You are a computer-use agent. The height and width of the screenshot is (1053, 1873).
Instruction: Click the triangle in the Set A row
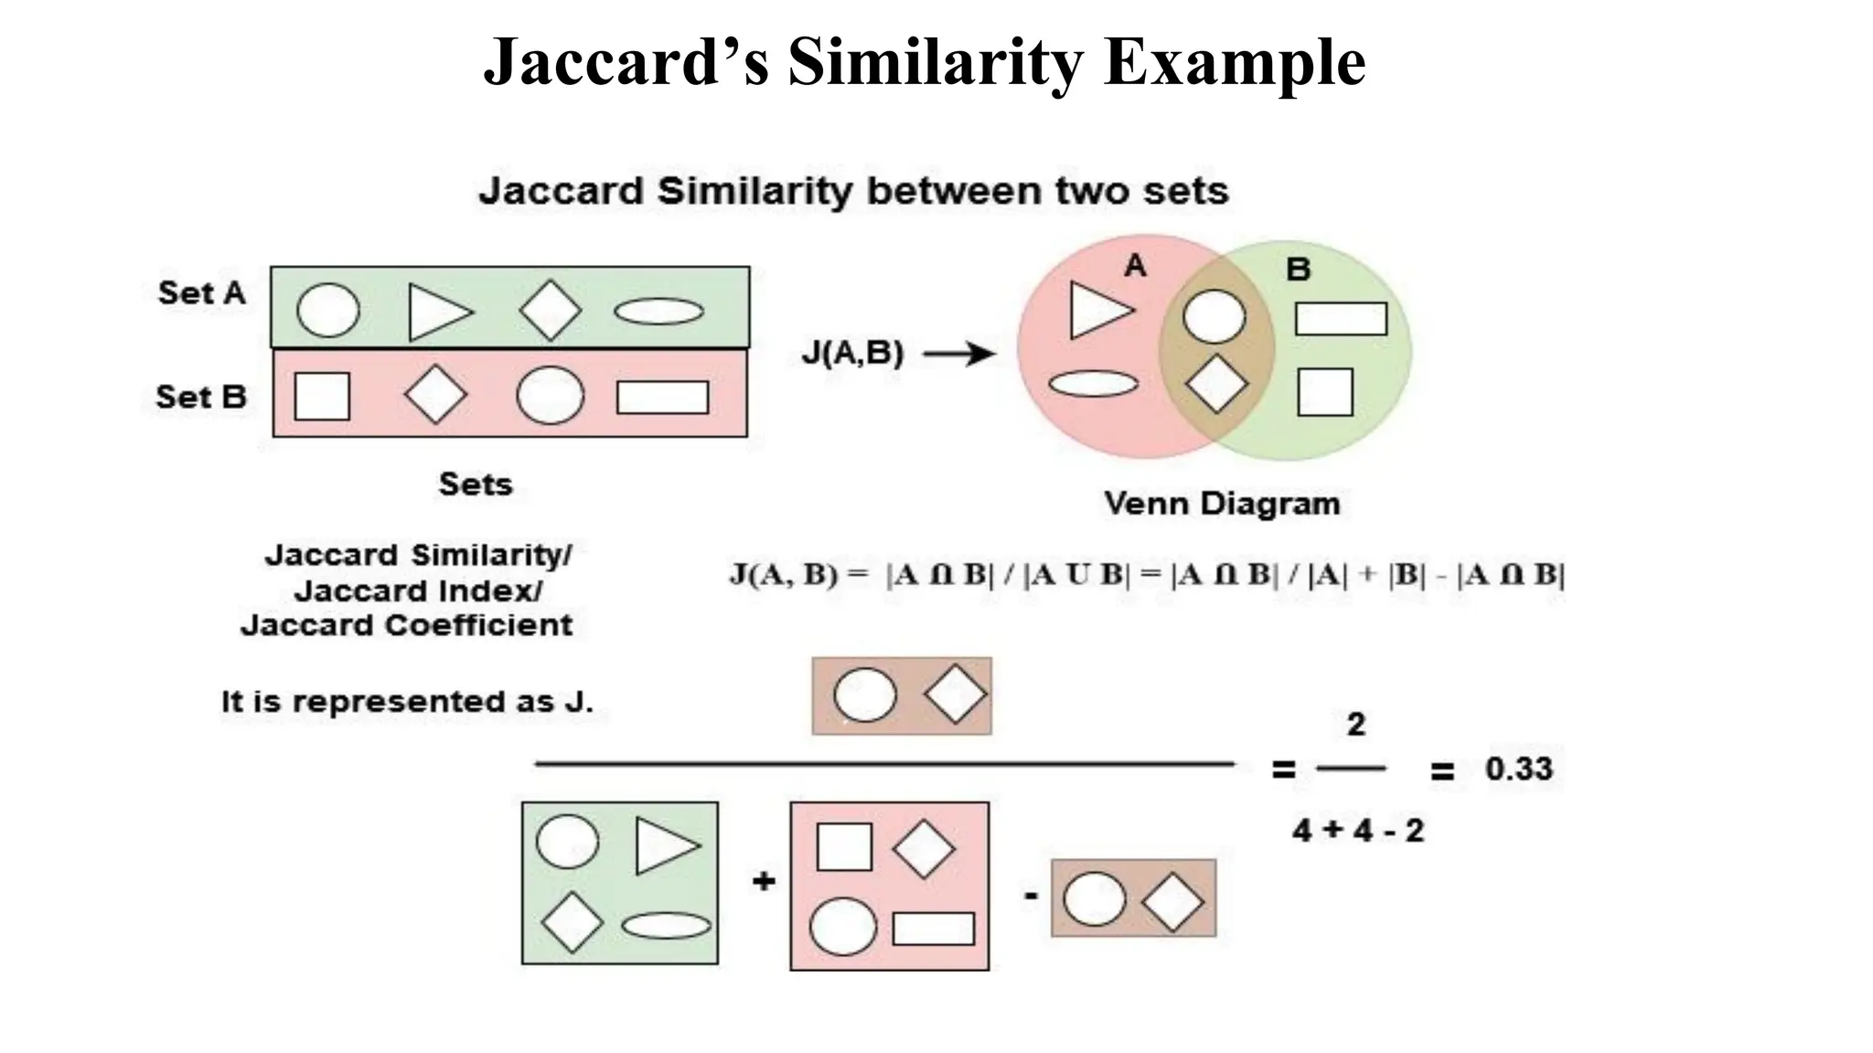click(437, 312)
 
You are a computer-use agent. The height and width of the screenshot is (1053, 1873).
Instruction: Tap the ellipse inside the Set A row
click(658, 312)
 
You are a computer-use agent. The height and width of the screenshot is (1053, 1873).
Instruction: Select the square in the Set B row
click(322, 396)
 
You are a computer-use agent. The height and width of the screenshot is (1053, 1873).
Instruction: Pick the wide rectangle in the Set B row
click(662, 398)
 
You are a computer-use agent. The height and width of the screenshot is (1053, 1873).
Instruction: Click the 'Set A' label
click(201, 293)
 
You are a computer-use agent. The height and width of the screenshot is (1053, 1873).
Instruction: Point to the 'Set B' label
click(201, 397)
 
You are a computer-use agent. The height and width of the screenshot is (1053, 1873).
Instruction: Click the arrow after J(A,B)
click(958, 354)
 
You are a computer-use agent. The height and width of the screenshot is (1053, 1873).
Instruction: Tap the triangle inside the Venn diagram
click(1097, 311)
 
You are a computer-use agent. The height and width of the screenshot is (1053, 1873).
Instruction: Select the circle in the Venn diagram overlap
click(1214, 317)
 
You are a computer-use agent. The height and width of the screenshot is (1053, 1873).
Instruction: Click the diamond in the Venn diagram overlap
click(1216, 384)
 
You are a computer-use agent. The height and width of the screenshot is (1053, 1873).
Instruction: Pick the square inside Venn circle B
click(1324, 392)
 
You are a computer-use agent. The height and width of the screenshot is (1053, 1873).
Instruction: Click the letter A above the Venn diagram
click(1134, 266)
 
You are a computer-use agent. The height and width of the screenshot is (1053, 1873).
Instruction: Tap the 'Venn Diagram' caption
click(1221, 504)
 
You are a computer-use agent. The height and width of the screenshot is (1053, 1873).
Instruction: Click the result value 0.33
click(1518, 769)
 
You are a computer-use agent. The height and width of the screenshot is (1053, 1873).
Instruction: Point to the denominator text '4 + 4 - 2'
click(1358, 831)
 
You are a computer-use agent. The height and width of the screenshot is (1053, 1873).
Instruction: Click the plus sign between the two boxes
click(764, 881)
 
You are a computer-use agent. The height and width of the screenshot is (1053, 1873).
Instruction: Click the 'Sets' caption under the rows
click(476, 484)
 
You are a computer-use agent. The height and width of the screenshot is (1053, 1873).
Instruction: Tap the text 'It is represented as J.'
click(407, 702)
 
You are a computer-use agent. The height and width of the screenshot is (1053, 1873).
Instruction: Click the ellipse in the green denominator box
click(666, 926)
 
